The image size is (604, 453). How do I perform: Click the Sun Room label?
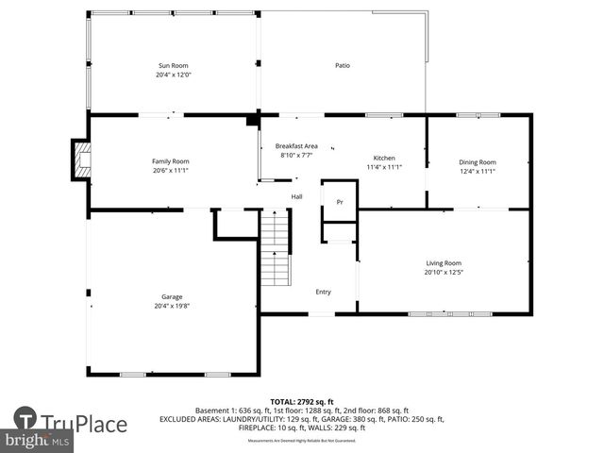[173, 66]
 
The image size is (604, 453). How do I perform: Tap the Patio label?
[343, 66]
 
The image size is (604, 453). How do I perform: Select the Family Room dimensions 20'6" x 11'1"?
[171, 171]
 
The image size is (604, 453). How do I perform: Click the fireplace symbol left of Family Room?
[81, 159]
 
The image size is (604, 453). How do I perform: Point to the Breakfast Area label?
[296, 146]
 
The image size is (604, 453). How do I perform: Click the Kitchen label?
[384, 158]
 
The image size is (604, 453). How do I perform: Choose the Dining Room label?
[477, 161]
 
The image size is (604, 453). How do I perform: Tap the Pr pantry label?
[340, 202]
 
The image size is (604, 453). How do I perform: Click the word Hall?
[296, 196]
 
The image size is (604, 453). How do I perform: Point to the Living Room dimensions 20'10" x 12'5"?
[443, 273]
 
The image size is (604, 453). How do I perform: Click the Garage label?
[172, 296]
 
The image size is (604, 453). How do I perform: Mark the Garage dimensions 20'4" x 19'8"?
[172, 306]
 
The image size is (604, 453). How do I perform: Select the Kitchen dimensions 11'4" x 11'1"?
[384, 167]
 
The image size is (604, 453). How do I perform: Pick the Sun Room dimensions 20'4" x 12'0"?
[173, 75]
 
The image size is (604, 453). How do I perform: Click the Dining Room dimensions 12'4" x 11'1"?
[477, 171]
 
